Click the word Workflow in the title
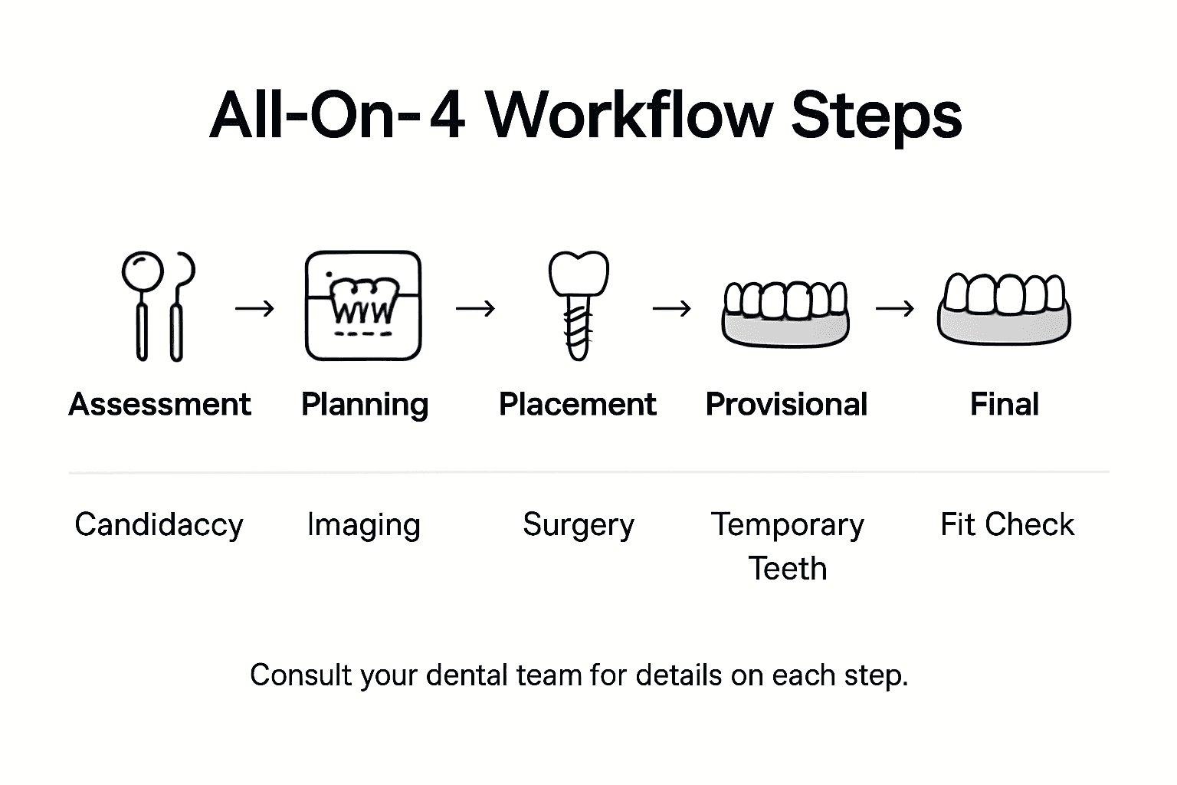click(628, 117)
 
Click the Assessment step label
click(159, 404)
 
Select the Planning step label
click(364, 404)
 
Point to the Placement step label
click(577, 404)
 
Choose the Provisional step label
click(786, 404)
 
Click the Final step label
click(1004, 404)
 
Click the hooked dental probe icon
click(179, 307)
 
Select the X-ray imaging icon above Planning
click(363, 306)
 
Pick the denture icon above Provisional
click(785, 313)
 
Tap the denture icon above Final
click(1004, 309)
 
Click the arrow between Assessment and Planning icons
click(254, 308)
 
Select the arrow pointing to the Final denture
click(894, 308)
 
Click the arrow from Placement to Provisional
click(671, 308)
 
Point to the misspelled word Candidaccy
click(159, 525)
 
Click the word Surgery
click(579, 525)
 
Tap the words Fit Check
click(1007, 525)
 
